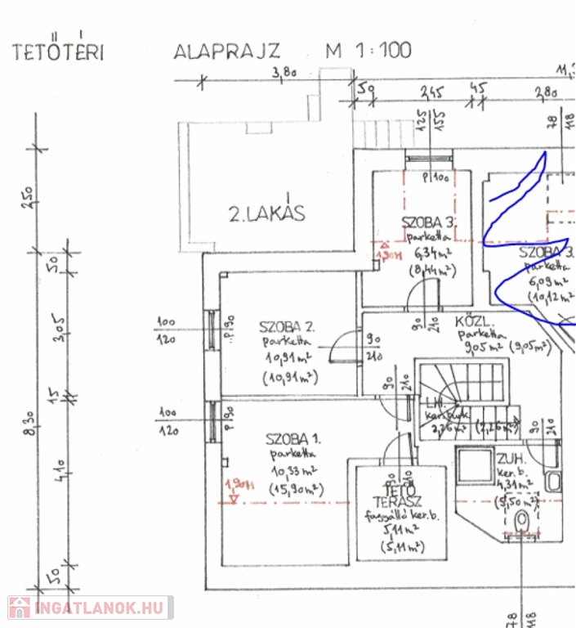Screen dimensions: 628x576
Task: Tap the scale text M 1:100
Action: click(368, 50)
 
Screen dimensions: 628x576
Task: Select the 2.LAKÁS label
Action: click(266, 214)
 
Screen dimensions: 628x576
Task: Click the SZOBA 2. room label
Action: click(287, 325)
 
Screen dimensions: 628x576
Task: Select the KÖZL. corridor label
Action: click(471, 321)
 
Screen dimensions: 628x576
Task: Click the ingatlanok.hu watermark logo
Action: click(90, 608)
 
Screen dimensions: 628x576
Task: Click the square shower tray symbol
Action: click(475, 465)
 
